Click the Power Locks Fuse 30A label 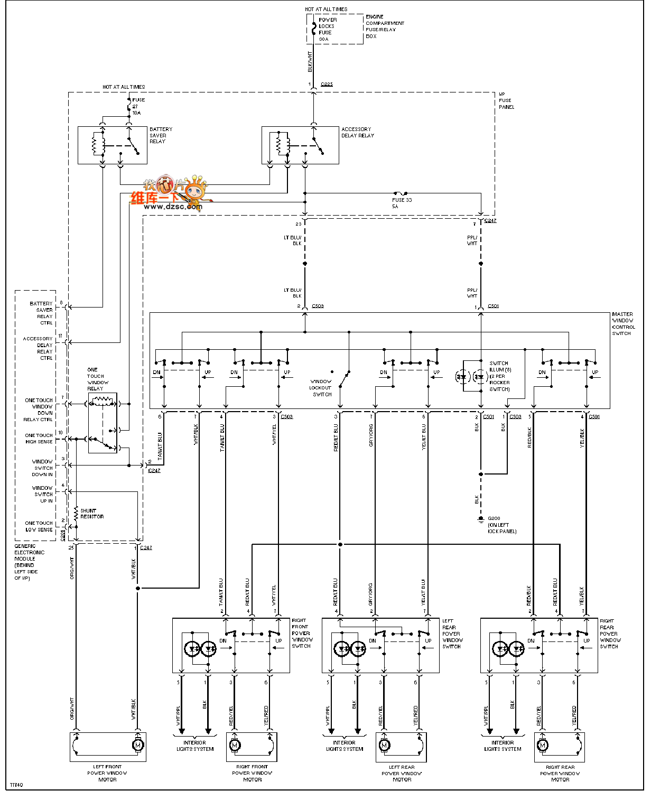tap(327, 30)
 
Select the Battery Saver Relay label tap(160, 135)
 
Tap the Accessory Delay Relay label tap(357, 132)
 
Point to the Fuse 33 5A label tap(402, 203)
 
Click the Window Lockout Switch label tap(321, 387)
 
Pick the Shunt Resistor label tap(92, 514)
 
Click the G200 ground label tap(501, 525)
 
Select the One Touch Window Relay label tap(97, 379)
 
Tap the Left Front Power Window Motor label tap(107, 773)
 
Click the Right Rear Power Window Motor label tap(560, 773)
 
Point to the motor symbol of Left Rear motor tap(384, 745)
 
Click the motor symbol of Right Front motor tap(235, 745)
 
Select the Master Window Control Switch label tap(623, 324)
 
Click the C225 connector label tap(327, 85)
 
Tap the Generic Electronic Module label tap(29, 562)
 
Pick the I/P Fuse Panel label tap(506, 100)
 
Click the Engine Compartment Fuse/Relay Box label tap(384, 26)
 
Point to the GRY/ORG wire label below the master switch tap(371, 435)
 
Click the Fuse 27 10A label tap(138, 106)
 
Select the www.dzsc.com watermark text tap(173, 207)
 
